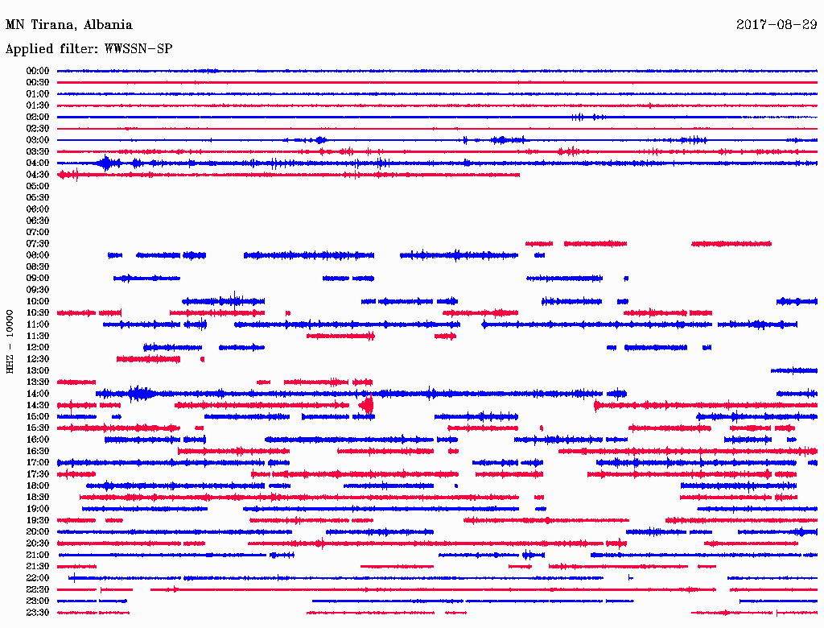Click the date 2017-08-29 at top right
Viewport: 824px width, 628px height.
(x=777, y=25)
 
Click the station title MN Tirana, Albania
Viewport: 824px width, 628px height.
(x=69, y=25)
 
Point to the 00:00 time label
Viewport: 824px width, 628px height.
(x=38, y=71)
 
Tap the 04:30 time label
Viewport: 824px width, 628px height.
(x=38, y=175)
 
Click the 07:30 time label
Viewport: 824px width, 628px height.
(x=38, y=244)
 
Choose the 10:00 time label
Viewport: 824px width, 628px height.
(x=38, y=301)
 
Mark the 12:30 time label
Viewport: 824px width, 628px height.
(x=38, y=359)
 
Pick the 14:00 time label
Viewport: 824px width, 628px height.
(x=38, y=394)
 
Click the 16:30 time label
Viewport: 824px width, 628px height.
(x=38, y=452)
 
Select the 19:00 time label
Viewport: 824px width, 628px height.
(x=38, y=509)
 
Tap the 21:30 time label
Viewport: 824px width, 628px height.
(x=38, y=567)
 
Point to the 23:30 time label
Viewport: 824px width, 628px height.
(x=38, y=613)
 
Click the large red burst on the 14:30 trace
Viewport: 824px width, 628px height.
(x=367, y=405)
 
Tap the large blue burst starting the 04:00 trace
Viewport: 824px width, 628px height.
(x=105, y=163)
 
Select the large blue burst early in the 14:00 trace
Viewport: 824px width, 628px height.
(x=140, y=394)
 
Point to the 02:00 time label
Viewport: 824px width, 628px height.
(x=38, y=117)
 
